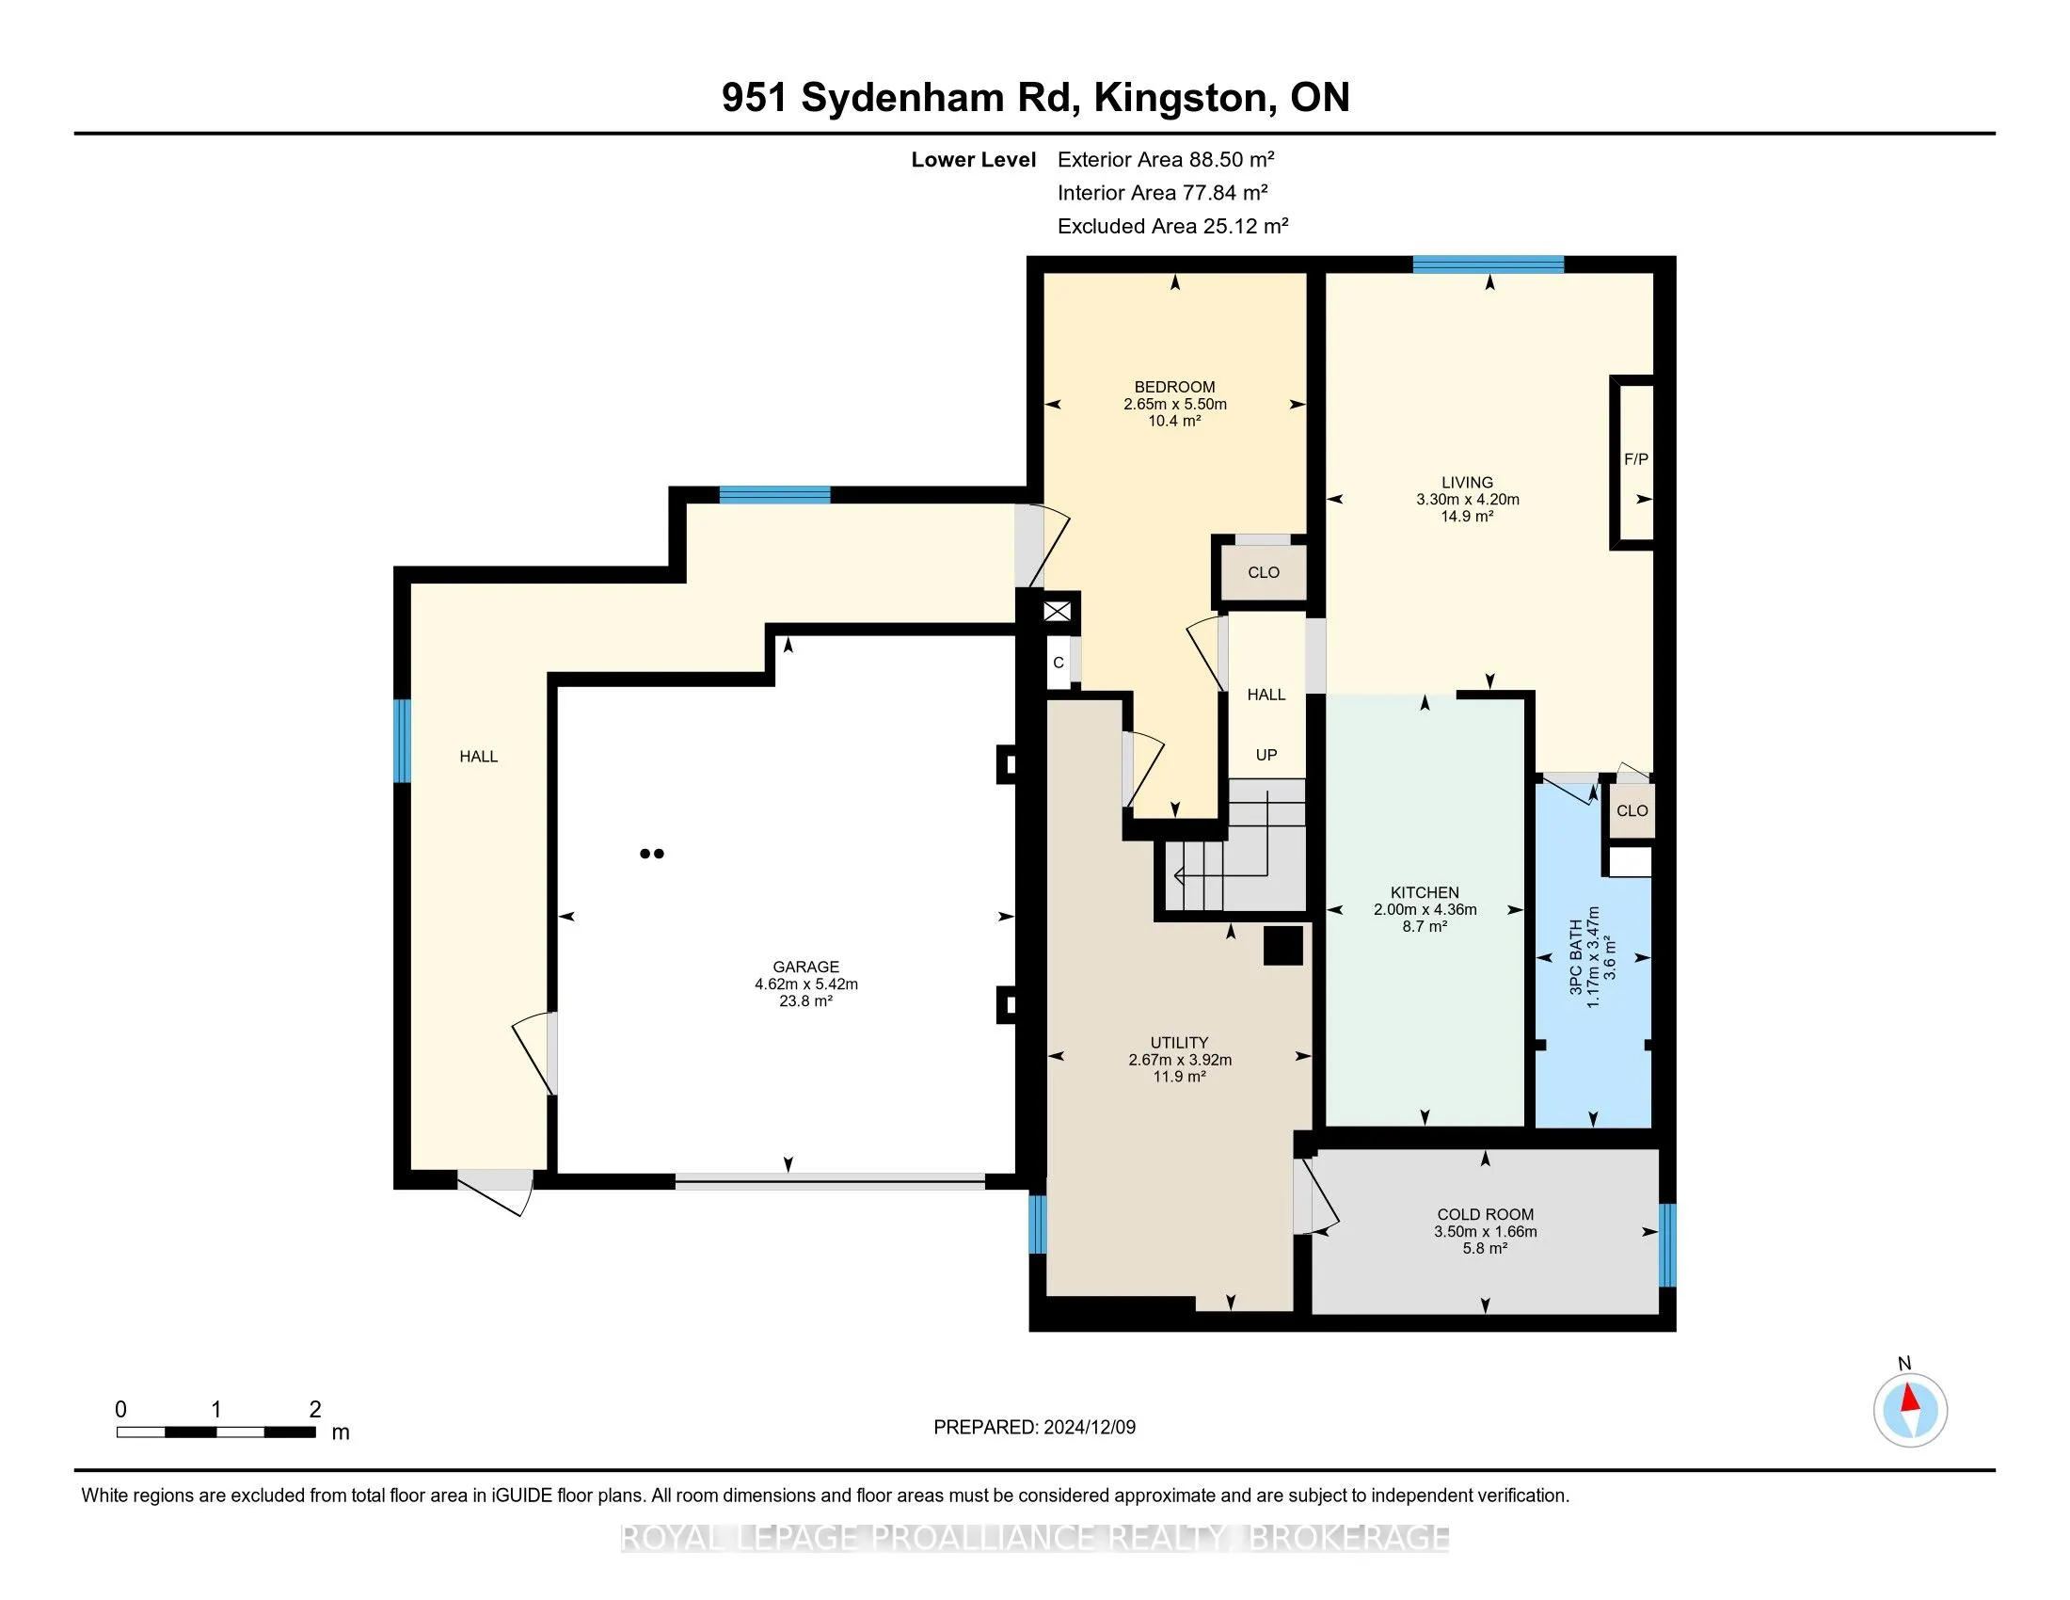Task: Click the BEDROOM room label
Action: tap(1174, 387)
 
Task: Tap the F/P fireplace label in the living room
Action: tap(1636, 459)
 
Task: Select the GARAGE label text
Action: tap(805, 967)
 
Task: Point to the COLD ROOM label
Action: tap(1485, 1214)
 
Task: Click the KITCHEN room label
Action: tap(1425, 893)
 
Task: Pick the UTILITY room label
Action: tap(1179, 1043)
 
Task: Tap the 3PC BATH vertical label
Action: tap(1575, 956)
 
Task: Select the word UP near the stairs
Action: tap(1266, 756)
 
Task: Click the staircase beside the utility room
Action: tap(1231, 848)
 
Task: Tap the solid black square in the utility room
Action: tap(1283, 946)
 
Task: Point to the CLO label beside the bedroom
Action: tap(1264, 572)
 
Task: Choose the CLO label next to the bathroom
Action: tap(1632, 810)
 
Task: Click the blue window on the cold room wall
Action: tap(1667, 1244)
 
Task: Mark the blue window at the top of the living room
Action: tap(1489, 264)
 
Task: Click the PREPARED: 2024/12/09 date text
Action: tap(1034, 1427)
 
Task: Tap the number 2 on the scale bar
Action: tap(314, 1410)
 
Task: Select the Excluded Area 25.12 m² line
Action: tap(1172, 226)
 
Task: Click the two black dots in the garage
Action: tap(652, 853)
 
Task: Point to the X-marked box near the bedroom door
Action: tap(1057, 612)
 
